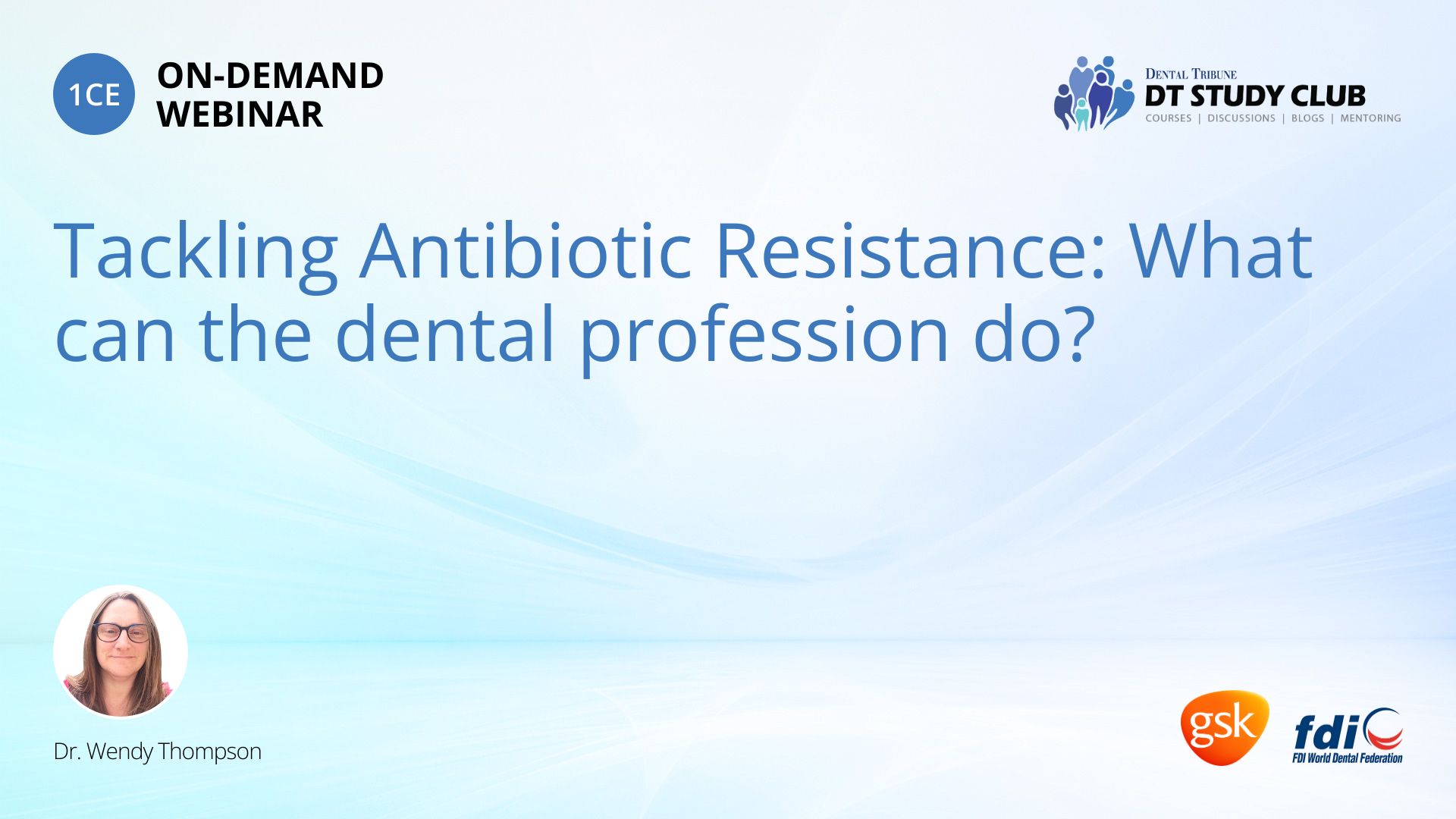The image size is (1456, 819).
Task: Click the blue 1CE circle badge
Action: (x=94, y=94)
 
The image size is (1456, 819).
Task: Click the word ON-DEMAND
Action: (x=270, y=76)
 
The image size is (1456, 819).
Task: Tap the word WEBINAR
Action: (x=240, y=115)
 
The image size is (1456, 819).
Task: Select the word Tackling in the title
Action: (x=196, y=252)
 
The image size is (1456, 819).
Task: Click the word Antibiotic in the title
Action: (x=526, y=250)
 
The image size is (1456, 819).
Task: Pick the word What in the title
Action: (x=1221, y=250)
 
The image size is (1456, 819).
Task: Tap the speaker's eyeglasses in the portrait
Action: (x=121, y=632)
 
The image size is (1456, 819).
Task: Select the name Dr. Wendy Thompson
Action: (x=158, y=752)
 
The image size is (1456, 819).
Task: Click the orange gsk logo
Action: (x=1224, y=727)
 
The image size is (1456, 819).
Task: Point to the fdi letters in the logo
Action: (x=1326, y=732)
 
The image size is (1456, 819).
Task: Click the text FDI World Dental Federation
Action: (x=1348, y=758)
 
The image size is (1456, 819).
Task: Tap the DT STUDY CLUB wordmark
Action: (x=1255, y=96)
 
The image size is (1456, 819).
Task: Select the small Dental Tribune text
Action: (x=1191, y=74)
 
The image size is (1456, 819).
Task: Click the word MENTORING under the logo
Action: (x=1370, y=118)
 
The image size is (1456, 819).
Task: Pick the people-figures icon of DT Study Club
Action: (x=1094, y=93)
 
